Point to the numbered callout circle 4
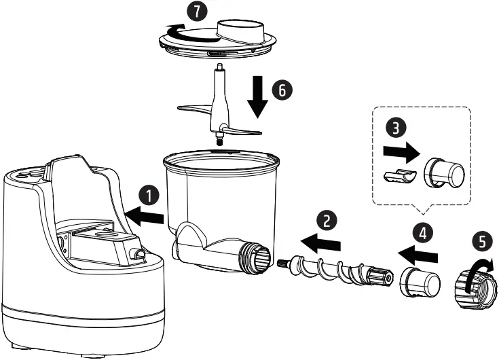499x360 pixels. pos(423,233)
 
